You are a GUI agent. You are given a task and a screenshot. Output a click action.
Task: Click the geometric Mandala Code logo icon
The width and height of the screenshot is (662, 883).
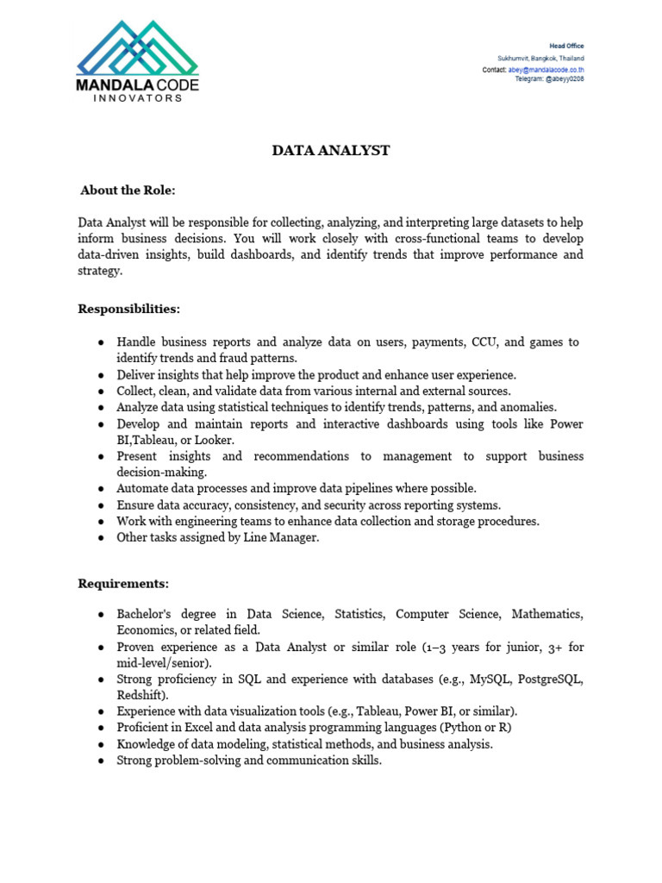pyautogui.click(x=138, y=48)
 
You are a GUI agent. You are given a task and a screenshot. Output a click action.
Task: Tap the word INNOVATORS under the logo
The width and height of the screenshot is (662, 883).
pyautogui.click(x=138, y=98)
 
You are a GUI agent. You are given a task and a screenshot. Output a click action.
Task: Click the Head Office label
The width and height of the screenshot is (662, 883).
pyautogui.click(x=566, y=46)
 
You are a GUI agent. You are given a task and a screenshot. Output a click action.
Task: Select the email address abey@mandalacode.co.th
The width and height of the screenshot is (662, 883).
pyautogui.click(x=546, y=69)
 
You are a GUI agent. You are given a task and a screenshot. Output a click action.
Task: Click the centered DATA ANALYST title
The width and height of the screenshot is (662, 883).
pyautogui.click(x=331, y=151)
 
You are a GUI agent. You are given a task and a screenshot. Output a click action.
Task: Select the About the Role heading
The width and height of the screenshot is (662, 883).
pyautogui.click(x=128, y=190)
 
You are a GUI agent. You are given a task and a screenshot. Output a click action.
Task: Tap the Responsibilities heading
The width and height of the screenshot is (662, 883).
pyautogui.click(x=129, y=309)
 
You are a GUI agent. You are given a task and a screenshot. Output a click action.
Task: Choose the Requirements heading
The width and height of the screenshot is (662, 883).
pyautogui.click(x=123, y=584)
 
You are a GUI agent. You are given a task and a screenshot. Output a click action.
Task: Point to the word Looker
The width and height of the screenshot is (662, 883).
pyautogui.click(x=215, y=440)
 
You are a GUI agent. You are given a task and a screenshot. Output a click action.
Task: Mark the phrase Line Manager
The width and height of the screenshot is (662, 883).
pyautogui.click(x=285, y=537)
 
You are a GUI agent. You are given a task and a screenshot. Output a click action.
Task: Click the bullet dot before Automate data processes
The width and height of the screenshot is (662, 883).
pyautogui.click(x=101, y=489)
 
